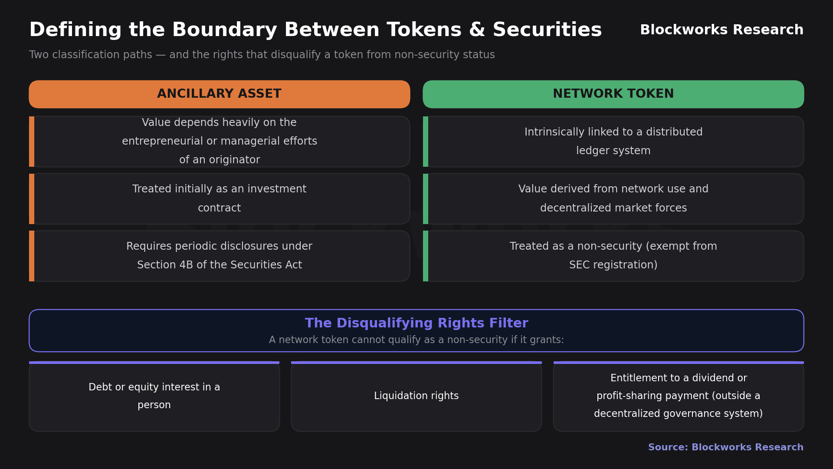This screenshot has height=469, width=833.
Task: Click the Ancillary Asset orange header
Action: [x=220, y=94]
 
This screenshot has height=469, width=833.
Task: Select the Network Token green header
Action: [x=613, y=94]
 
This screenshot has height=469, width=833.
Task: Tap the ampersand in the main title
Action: [x=476, y=30]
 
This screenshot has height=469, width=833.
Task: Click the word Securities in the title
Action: [x=547, y=30]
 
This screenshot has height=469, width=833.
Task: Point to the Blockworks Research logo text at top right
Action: [x=721, y=30]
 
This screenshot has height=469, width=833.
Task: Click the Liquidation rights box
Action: [x=416, y=396]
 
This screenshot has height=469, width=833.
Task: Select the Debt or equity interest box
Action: [x=154, y=396]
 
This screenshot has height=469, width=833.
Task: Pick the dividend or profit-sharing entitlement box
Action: [x=679, y=396]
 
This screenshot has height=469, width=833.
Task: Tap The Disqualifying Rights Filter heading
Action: [x=416, y=323]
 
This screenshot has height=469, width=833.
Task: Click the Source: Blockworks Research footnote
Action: [x=726, y=447]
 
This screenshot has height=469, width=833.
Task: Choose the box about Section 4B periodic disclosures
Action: [x=220, y=256]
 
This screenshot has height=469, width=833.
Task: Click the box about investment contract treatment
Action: [x=220, y=199]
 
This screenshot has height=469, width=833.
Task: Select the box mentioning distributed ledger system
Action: [x=613, y=142]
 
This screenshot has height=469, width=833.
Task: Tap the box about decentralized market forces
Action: [x=613, y=199]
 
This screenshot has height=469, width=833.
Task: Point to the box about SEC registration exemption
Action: [x=613, y=256]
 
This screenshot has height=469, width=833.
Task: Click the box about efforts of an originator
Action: [x=220, y=142]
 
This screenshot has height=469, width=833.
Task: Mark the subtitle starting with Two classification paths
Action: [x=262, y=55]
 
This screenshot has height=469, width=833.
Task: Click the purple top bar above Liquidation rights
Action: [x=416, y=363]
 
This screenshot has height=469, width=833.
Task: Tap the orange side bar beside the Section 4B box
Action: [x=32, y=256]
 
